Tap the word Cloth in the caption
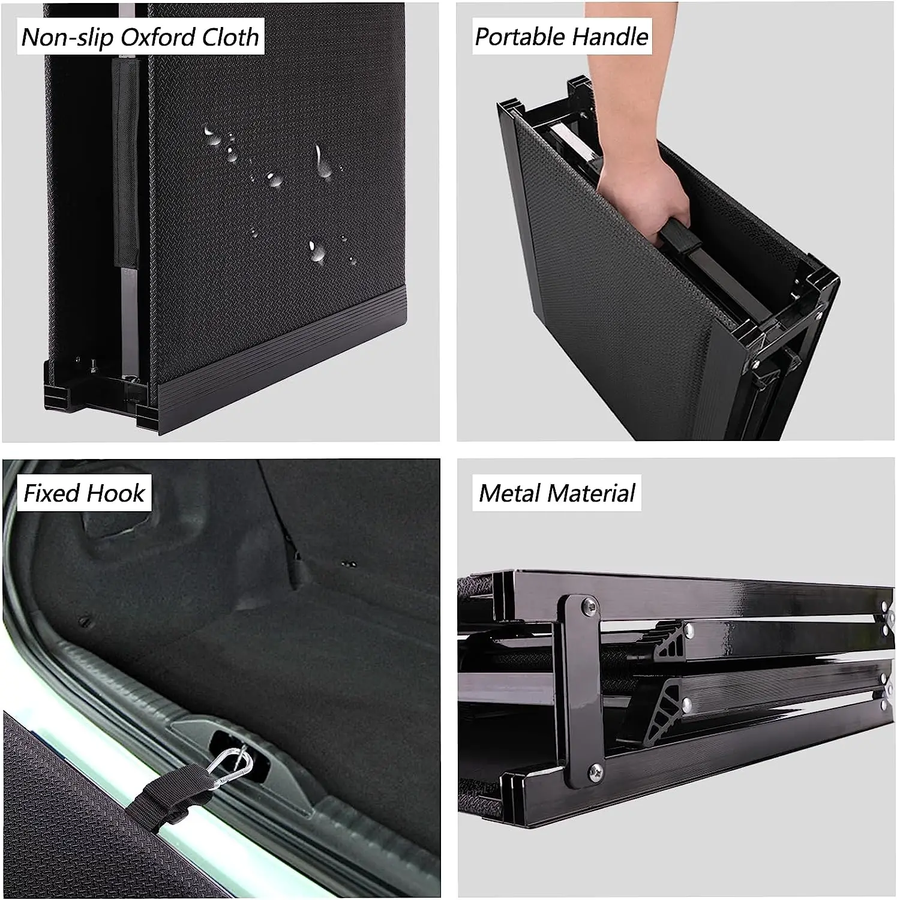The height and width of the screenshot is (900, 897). click(x=230, y=37)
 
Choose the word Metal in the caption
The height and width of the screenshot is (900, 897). click(x=509, y=493)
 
